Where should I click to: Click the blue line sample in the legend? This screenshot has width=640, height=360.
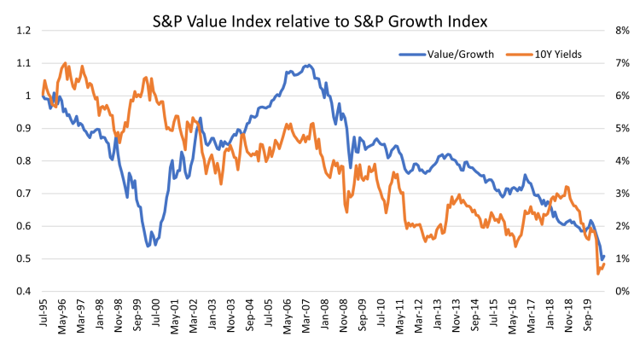click(412, 55)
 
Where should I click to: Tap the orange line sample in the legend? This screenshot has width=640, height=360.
click(519, 55)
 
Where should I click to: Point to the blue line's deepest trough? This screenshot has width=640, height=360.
click(149, 246)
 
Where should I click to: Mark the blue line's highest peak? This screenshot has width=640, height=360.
click(307, 65)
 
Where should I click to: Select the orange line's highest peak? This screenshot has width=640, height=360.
click(65, 63)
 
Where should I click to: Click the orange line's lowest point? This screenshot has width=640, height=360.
click(597, 273)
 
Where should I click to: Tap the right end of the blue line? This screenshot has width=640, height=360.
click(603, 257)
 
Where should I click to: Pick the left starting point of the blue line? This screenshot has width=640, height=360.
click(42, 96)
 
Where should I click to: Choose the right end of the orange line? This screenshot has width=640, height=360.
click(604, 264)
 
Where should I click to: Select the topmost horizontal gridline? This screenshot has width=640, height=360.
click(323, 31)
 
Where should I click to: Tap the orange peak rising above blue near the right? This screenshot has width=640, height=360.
click(567, 187)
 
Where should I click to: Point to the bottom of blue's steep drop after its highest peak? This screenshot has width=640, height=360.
click(350, 166)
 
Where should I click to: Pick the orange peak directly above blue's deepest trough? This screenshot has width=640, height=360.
click(147, 78)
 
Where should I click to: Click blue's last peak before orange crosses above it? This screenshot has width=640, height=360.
click(525, 176)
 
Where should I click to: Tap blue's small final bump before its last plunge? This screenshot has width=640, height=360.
click(590, 220)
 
